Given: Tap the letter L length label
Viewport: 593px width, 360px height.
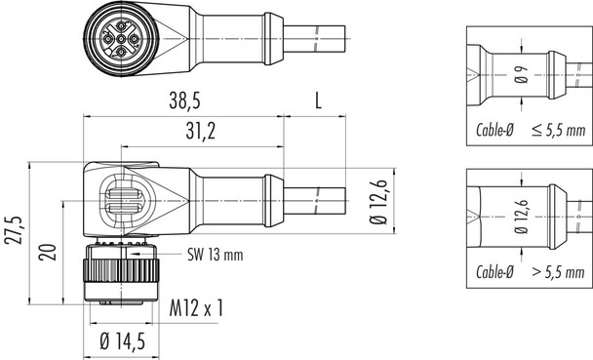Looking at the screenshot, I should point(322,101).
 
